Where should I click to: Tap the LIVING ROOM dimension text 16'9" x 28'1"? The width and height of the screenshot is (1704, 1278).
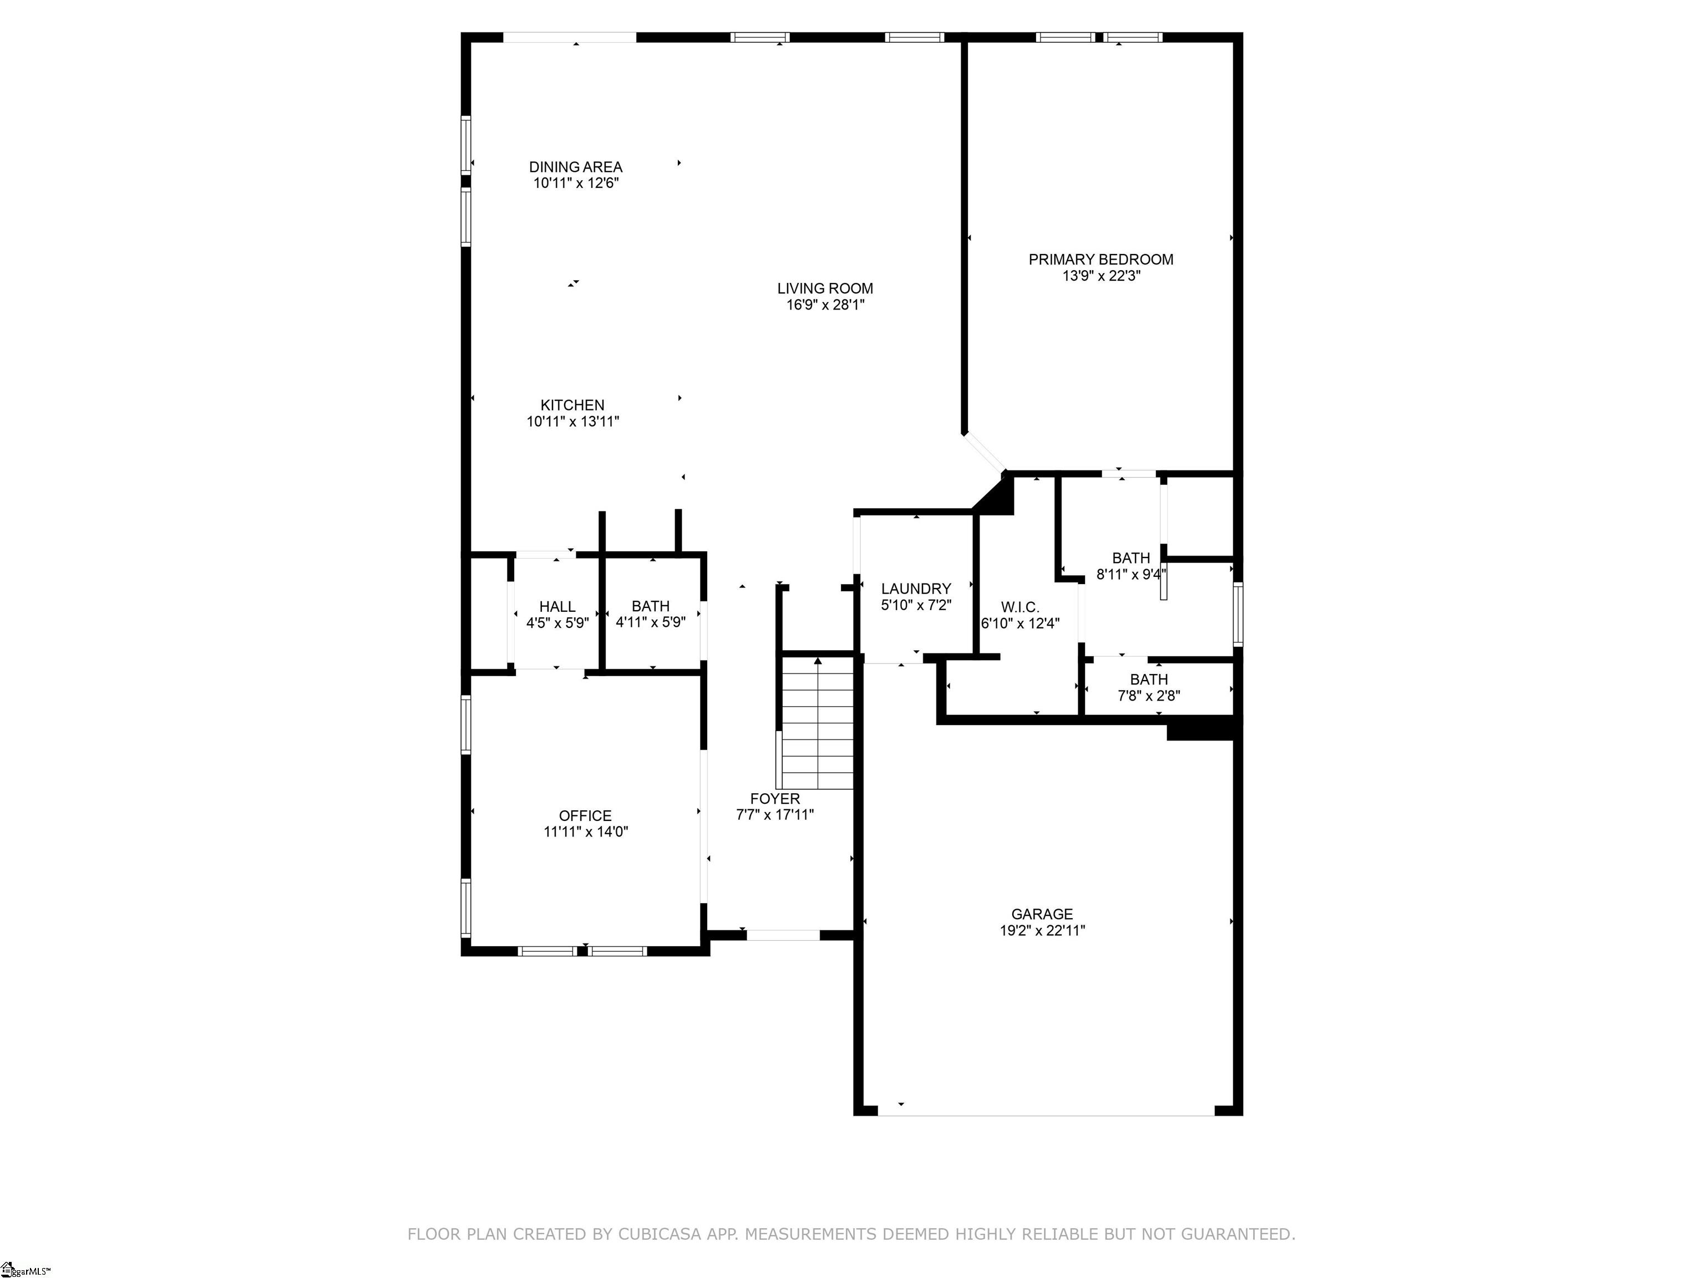coord(824,305)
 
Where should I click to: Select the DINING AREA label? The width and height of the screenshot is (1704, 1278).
coord(575,167)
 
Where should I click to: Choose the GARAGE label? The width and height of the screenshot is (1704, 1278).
coord(1042,914)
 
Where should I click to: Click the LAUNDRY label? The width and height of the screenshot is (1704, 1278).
coord(916,589)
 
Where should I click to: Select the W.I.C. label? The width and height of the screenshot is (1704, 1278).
coord(1020,607)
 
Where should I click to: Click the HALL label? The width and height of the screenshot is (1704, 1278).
coord(557,607)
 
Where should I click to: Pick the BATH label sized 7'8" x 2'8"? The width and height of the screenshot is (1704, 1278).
coord(1149,679)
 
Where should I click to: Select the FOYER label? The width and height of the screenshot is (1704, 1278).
coord(775,799)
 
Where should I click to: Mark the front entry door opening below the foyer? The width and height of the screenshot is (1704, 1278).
coord(783,935)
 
